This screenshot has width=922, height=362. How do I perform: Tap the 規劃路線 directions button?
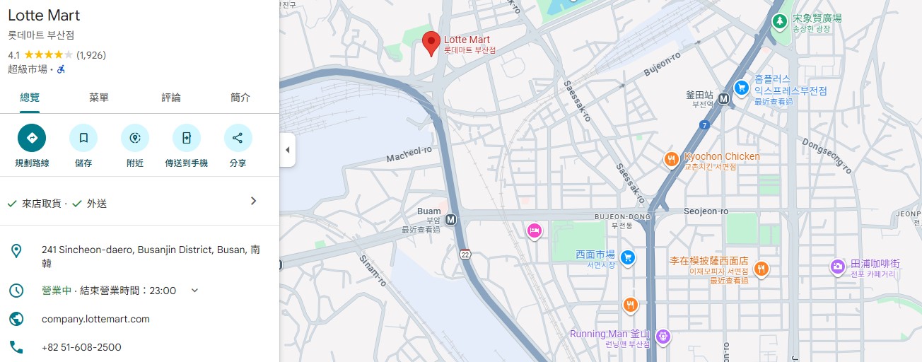coord(32,138)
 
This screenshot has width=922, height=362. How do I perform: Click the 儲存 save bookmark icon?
coord(83,138)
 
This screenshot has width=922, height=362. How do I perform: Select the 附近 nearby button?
coord(135,138)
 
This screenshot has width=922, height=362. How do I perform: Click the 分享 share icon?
coord(238,138)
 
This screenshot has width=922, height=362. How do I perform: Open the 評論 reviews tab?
coord(171,98)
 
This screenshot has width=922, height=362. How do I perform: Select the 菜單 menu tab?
coord(99,98)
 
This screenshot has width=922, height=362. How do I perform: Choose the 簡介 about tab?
coord(240,98)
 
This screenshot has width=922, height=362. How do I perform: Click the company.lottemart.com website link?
coord(95,319)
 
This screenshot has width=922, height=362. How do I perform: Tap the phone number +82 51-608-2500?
coord(81,347)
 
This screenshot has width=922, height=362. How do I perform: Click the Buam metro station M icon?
coord(451,220)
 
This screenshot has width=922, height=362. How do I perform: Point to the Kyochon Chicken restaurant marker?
coord(672,160)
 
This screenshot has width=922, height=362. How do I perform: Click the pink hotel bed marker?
coord(535,230)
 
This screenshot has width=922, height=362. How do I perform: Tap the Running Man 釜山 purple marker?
coord(663,337)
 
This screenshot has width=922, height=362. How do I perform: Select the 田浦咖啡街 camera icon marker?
coord(837,267)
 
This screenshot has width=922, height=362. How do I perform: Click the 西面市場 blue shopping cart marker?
coord(626,257)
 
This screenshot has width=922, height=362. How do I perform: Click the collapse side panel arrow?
coord(287,150)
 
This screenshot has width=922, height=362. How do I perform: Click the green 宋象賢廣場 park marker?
coord(779,21)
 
